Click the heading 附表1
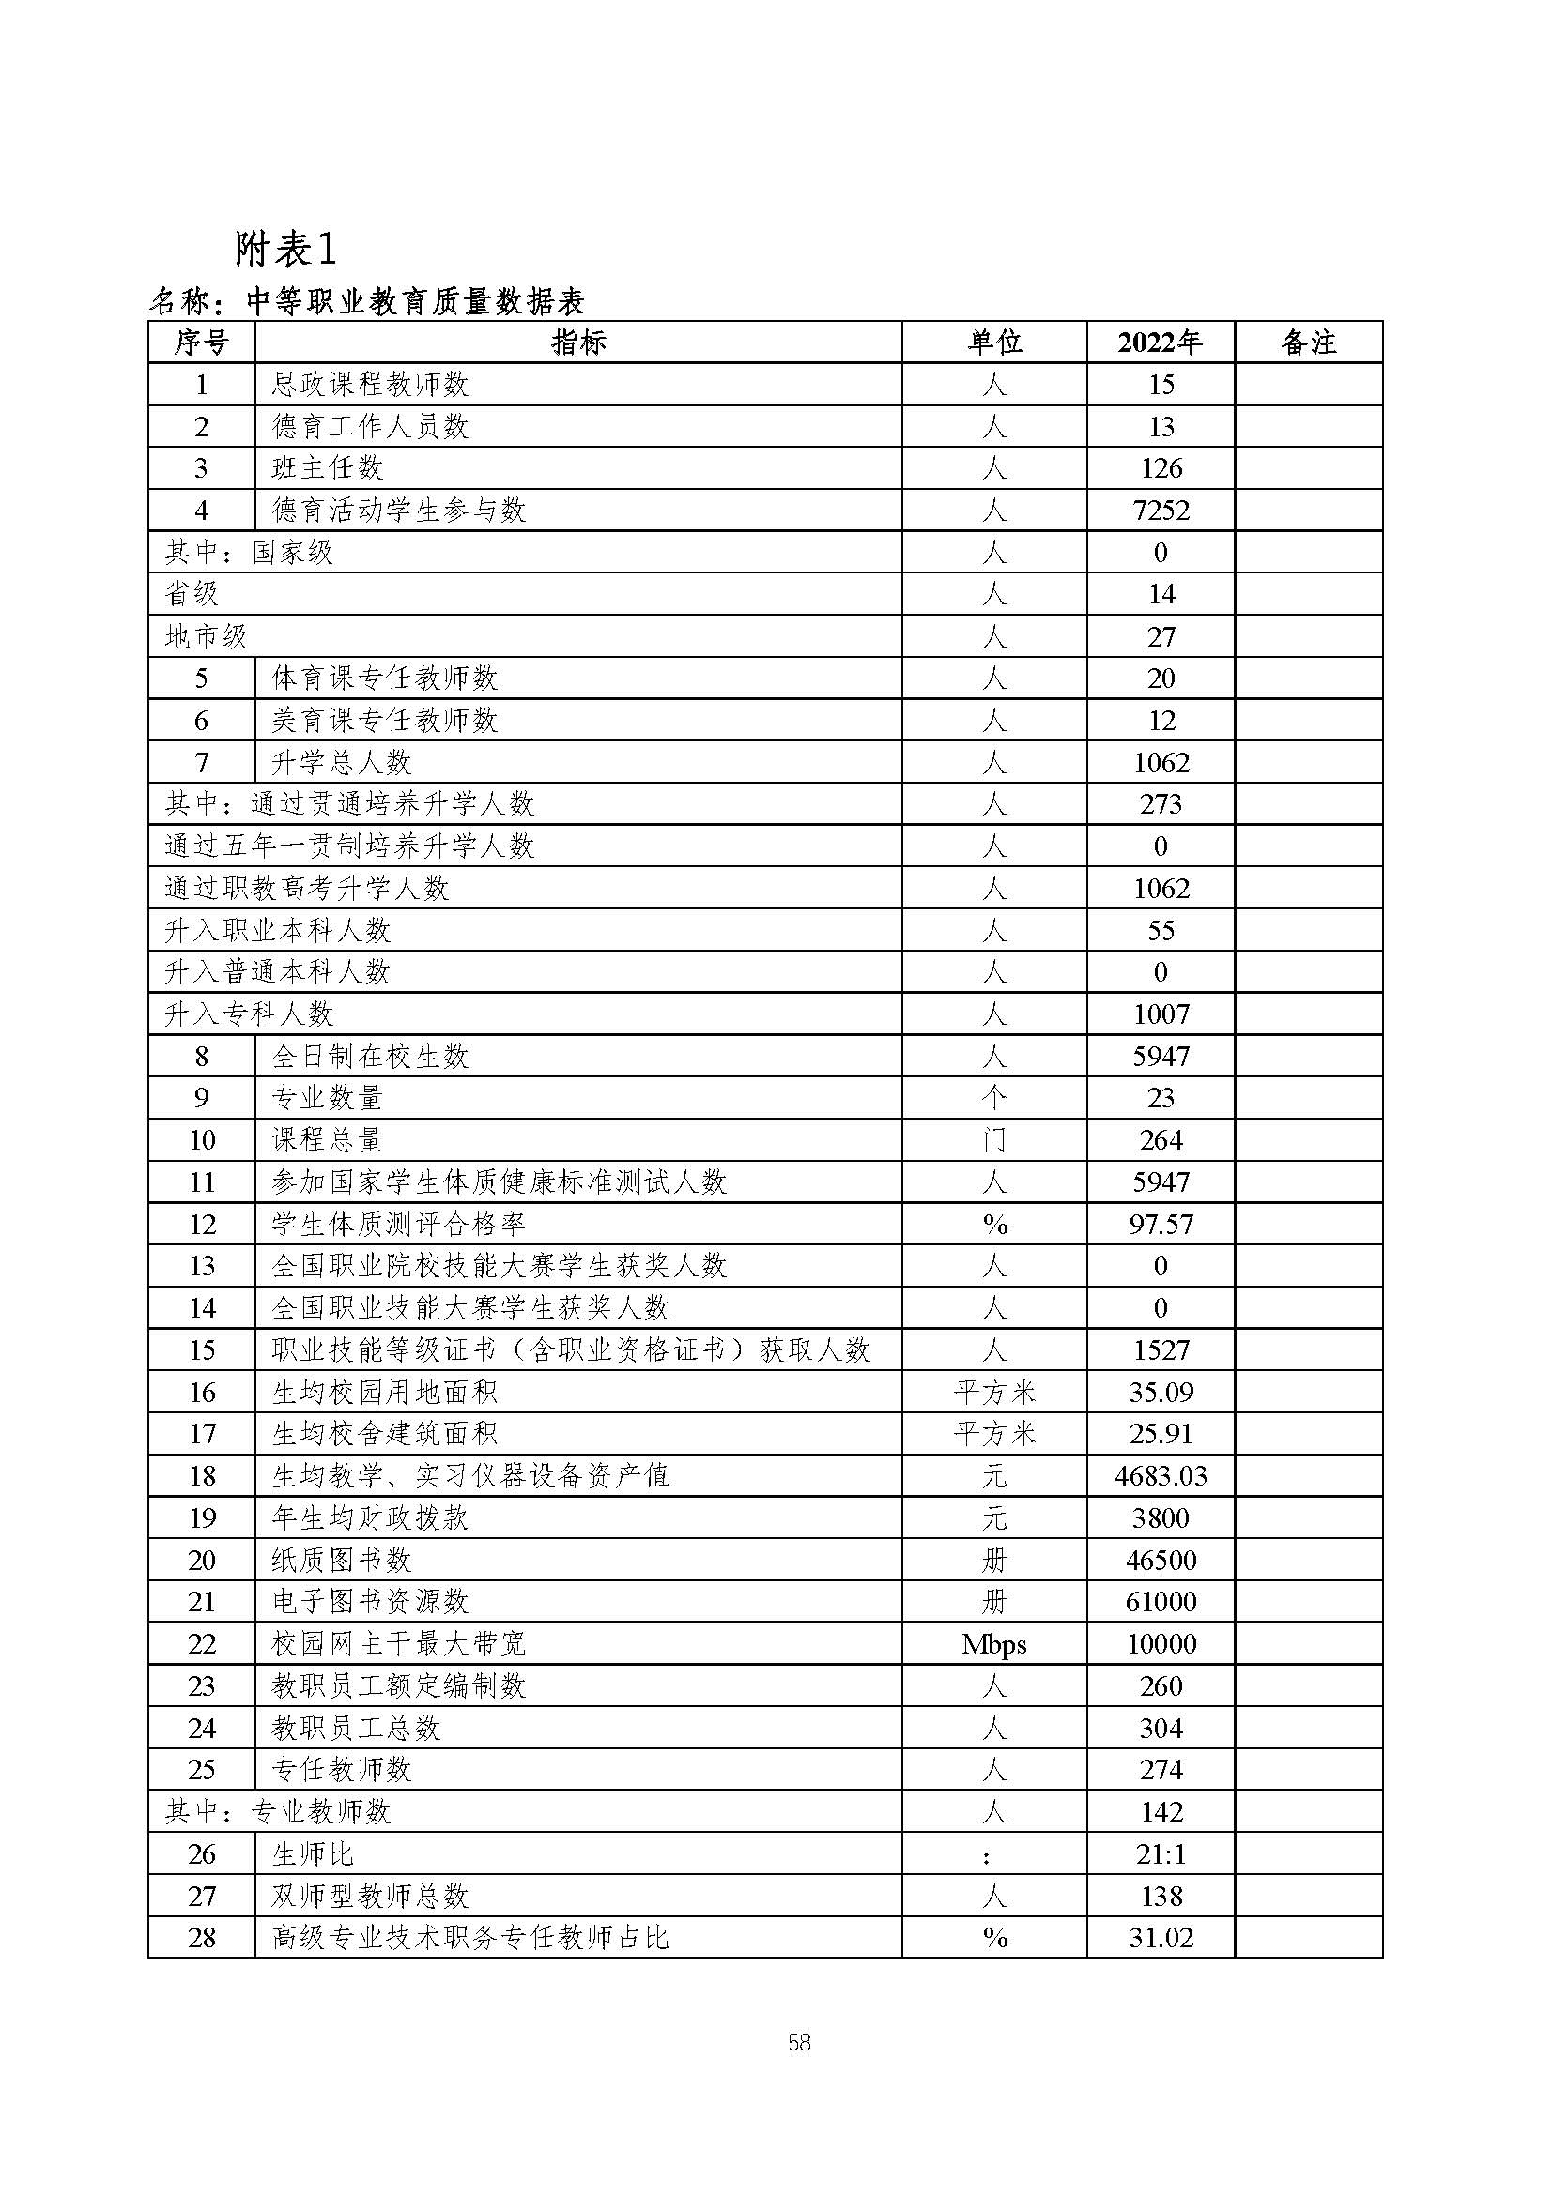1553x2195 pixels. coord(285,250)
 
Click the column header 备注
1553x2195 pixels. coord(1307,343)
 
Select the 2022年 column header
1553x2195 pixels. coord(1160,343)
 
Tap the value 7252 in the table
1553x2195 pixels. coord(1160,511)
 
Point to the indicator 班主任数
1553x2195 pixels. coord(327,468)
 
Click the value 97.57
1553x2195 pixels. coord(1160,1225)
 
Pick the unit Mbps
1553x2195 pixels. coord(993,1644)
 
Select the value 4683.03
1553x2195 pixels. coord(1160,1476)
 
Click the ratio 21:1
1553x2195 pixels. coord(1160,1854)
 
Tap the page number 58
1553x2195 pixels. coord(799,2043)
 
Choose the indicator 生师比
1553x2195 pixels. coord(313,1854)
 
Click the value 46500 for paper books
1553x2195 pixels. coord(1160,1561)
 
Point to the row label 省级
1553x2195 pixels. coord(192,595)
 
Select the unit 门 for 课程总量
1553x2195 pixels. coord(993,1140)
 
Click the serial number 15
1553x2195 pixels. coord(202,1350)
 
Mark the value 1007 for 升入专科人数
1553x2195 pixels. coord(1160,1014)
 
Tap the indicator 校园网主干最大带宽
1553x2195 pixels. coord(398,1644)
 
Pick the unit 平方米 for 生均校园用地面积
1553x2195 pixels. coord(993,1393)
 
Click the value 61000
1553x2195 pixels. coord(1160,1602)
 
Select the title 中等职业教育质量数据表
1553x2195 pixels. coord(415,303)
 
